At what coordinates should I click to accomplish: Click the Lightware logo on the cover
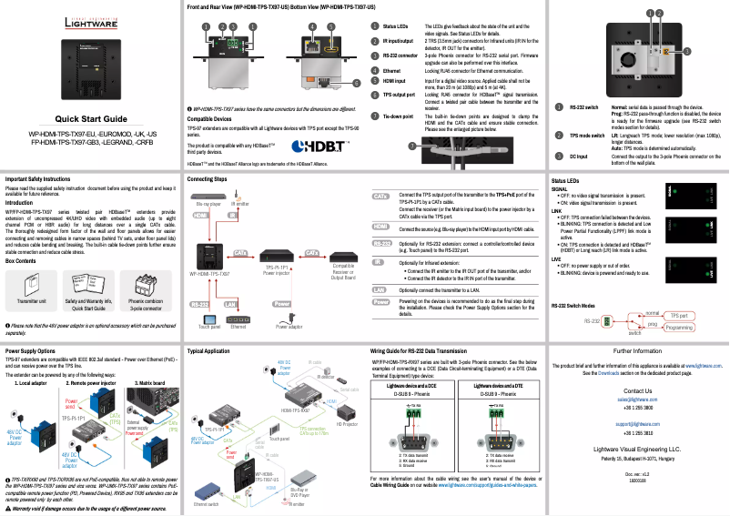click(89, 21)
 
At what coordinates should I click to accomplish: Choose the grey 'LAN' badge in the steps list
click(381, 288)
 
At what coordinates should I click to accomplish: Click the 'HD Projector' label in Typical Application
click(347, 425)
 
